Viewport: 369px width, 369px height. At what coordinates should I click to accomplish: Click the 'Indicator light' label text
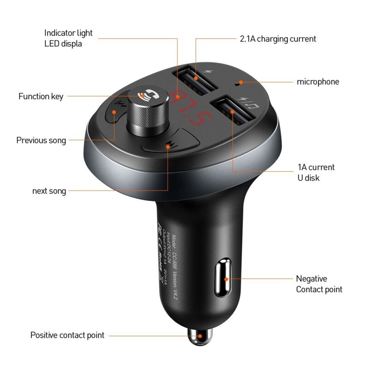coord(68,33)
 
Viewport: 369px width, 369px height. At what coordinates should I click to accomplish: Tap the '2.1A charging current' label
coord(278,39)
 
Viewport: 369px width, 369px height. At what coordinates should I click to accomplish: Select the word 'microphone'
coord(318,82)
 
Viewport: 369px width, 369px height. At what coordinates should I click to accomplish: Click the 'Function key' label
coord(41,96)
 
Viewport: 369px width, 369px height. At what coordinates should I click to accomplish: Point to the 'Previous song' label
coord(41,140)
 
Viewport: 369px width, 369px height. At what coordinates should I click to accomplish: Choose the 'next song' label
coord(49,191)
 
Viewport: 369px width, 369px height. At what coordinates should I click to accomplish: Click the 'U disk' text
coord(308,178)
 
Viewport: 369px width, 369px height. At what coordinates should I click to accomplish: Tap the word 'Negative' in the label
coord(311,279)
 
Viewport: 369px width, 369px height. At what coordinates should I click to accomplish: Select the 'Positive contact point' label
coord(67,335)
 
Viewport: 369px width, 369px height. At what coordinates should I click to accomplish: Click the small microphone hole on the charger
coord(237,83)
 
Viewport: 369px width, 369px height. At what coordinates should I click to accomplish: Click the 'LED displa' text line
coord(63,44)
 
